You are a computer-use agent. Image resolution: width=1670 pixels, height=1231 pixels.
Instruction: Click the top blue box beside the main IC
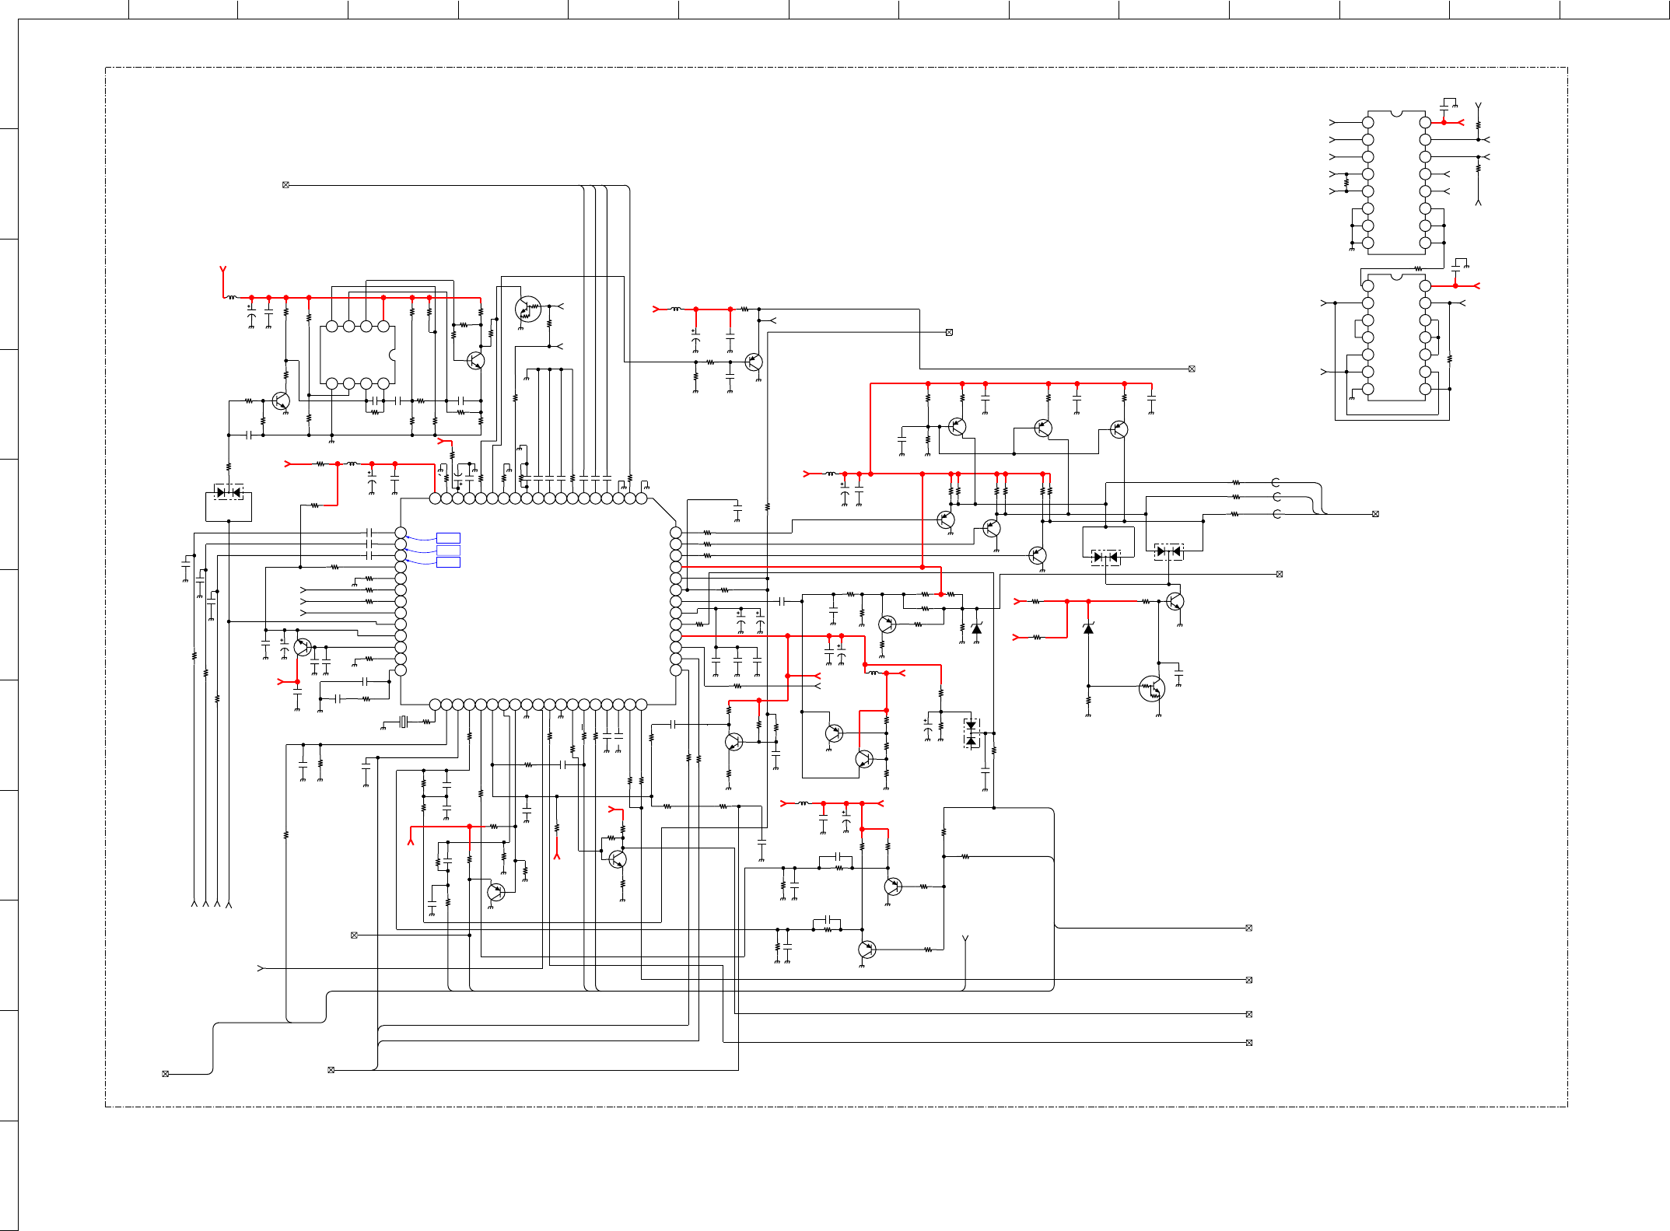pyautogui.click(x=448, y=538)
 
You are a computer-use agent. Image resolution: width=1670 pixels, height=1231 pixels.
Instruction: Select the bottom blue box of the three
pyautogui.click(x=448, y=562)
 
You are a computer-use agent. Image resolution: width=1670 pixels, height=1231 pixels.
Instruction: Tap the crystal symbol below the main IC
pyautogui.click(x=403, y=722)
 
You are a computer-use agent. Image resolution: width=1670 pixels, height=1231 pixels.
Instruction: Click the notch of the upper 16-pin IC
pyautogui.click(x=1396, y=114)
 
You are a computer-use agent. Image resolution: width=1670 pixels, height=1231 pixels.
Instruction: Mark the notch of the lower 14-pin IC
pyautogui.click(x=1396, y=276)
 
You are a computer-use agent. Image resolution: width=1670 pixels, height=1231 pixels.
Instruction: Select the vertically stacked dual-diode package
pyautogui.click(x=971, y=733)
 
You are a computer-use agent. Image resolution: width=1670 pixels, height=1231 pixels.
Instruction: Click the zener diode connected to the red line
pyautogui.click(x=1088, y=628)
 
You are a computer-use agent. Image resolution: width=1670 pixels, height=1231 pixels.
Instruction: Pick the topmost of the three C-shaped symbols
pyautogui.click(x=1276, y=483)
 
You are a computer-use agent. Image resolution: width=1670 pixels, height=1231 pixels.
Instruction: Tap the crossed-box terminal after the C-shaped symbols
pyautogui.click(x=1375, y=514)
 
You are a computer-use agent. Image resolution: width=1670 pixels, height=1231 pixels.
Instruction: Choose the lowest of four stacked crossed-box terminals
pyautogui.click(x=1248, y=1043)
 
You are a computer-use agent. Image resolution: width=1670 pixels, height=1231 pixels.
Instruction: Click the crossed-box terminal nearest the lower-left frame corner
pyautogui.click(x=165, y=1074)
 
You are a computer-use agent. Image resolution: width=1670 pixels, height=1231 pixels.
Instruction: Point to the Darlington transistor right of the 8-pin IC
pyautogui.click(x=528, y=309)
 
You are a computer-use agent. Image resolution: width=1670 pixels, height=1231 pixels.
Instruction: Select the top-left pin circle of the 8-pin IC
pyautogui.click(x=332, y=327)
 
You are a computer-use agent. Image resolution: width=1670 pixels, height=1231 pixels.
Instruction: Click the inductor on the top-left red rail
pyautogui.click(x=232, y=297)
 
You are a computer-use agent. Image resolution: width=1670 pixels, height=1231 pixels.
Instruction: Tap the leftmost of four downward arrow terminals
pyautogui.click(x=194, y=904)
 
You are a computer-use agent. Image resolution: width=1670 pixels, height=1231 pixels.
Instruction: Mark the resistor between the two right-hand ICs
pyautogui.click(x=1418, y=269)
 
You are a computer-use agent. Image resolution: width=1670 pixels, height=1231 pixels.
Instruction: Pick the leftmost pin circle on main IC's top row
pyautogui.click(x=435, y=498)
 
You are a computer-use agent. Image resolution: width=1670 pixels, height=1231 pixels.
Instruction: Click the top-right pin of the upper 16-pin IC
pyautogui.click(x=1425, y=122)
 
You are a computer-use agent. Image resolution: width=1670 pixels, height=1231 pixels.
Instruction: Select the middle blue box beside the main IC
pyautogui.click(x=448, y=551)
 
